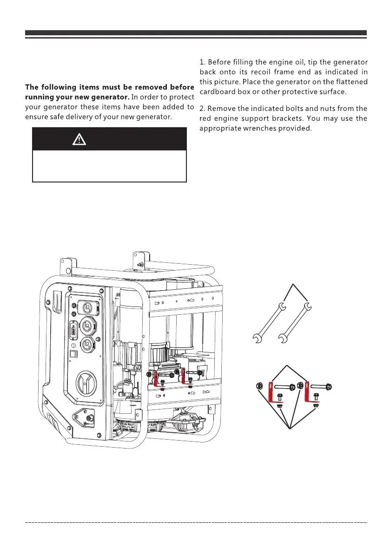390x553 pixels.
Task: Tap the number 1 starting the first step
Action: [202, 62]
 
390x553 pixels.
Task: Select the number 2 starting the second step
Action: [202, 109]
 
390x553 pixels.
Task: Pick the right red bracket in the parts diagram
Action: [308, 395]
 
